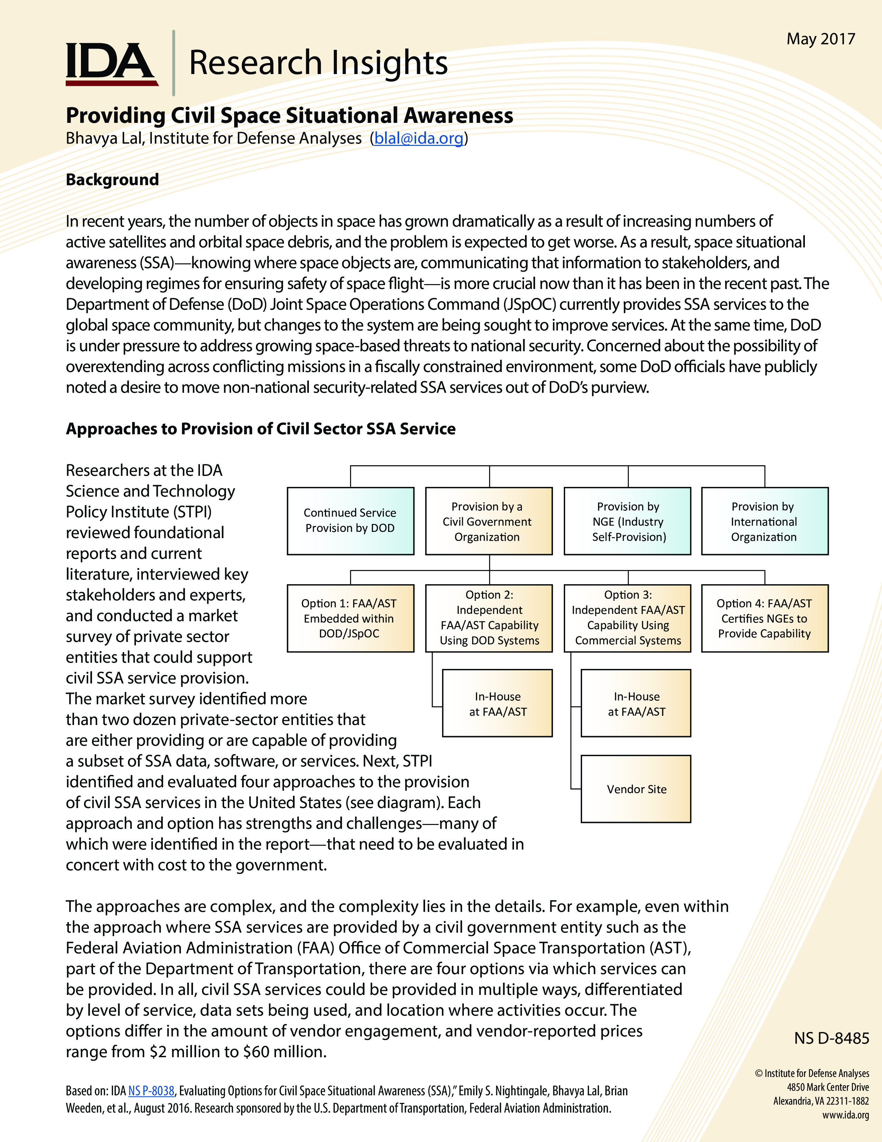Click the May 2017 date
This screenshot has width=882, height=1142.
point(820,39)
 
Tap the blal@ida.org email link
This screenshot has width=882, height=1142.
point(419,138)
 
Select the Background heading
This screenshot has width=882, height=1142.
point(112,180)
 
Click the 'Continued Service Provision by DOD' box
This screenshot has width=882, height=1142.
point(350,521)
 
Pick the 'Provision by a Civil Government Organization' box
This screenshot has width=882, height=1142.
point(488,521)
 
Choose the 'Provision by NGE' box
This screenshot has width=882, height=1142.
point(627,521)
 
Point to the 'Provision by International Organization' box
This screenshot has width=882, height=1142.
point(764,521)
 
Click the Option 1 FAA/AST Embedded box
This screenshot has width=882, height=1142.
point(350,618)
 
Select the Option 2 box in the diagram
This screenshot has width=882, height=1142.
point(488,618)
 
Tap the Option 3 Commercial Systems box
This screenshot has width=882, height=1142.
point(627,618)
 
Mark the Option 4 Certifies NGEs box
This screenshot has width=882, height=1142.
point(764,618)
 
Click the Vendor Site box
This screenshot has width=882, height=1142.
point(636,789)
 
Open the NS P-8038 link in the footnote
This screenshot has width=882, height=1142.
point(151,1091)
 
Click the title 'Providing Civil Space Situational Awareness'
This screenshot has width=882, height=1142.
point(290,116)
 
